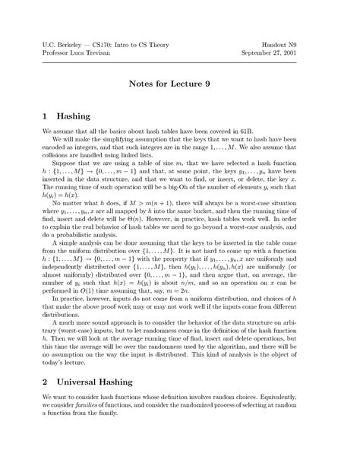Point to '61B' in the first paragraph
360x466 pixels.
[x=247, y=136]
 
